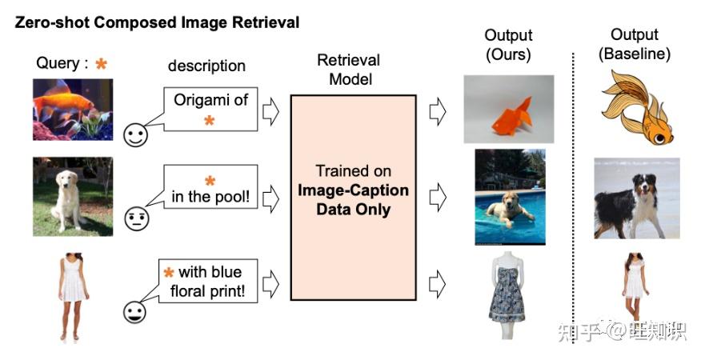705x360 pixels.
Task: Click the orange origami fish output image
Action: tap(509, 110)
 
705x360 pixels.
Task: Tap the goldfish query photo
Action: tap(73, 110)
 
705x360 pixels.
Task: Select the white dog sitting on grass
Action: tap(73, 197)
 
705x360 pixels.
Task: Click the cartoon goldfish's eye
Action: tap(659, 138)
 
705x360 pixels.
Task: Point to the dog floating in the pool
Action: tap(511, 197)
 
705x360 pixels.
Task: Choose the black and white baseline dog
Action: tap(637, 198)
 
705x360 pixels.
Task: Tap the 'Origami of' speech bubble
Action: tap(211, 110)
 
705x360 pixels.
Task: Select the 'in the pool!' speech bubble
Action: tap(210, 186)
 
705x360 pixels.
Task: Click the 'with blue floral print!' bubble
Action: tap(208, 281)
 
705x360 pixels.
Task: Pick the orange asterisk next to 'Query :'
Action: tap(102, 63)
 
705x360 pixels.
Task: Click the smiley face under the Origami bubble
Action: tap(136, 135)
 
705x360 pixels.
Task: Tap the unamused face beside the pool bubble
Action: tap(136, 219)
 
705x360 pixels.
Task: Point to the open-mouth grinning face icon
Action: tap(135, 312)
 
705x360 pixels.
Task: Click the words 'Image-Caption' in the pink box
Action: tap(353, 190)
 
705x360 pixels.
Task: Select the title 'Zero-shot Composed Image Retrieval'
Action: tap(158, 22)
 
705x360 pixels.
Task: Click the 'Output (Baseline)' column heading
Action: tap(635, 44)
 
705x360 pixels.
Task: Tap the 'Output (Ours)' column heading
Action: tap(508, 45)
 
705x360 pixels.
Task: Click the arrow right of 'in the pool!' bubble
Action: tap(270, 198)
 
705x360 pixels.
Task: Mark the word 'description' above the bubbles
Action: tap(206, 66)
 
